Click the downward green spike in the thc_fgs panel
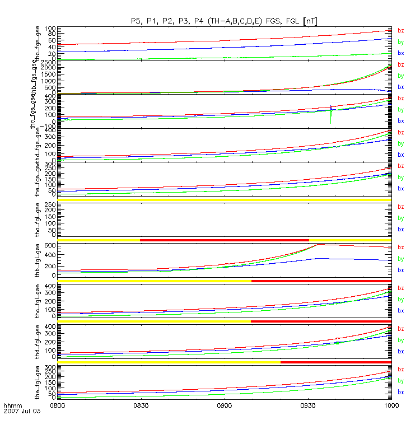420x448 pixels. (x=331, y=120)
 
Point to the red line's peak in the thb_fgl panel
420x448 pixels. (x=318, y=244)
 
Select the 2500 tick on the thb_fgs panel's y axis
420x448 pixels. (x=48, y=60)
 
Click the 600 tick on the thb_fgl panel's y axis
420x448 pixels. (x=49, y=245)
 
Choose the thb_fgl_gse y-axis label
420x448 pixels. (x=39, y=259)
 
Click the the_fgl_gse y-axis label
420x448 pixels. (x=39, y=381)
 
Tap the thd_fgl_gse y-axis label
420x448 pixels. (x=39, y=340)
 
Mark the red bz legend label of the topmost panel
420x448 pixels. (x=400, y=31)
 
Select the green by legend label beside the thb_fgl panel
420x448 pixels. (x=400, y=259)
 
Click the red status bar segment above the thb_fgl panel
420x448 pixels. (x=224, y=240)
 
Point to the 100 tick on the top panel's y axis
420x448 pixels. (x=50, y=29)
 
